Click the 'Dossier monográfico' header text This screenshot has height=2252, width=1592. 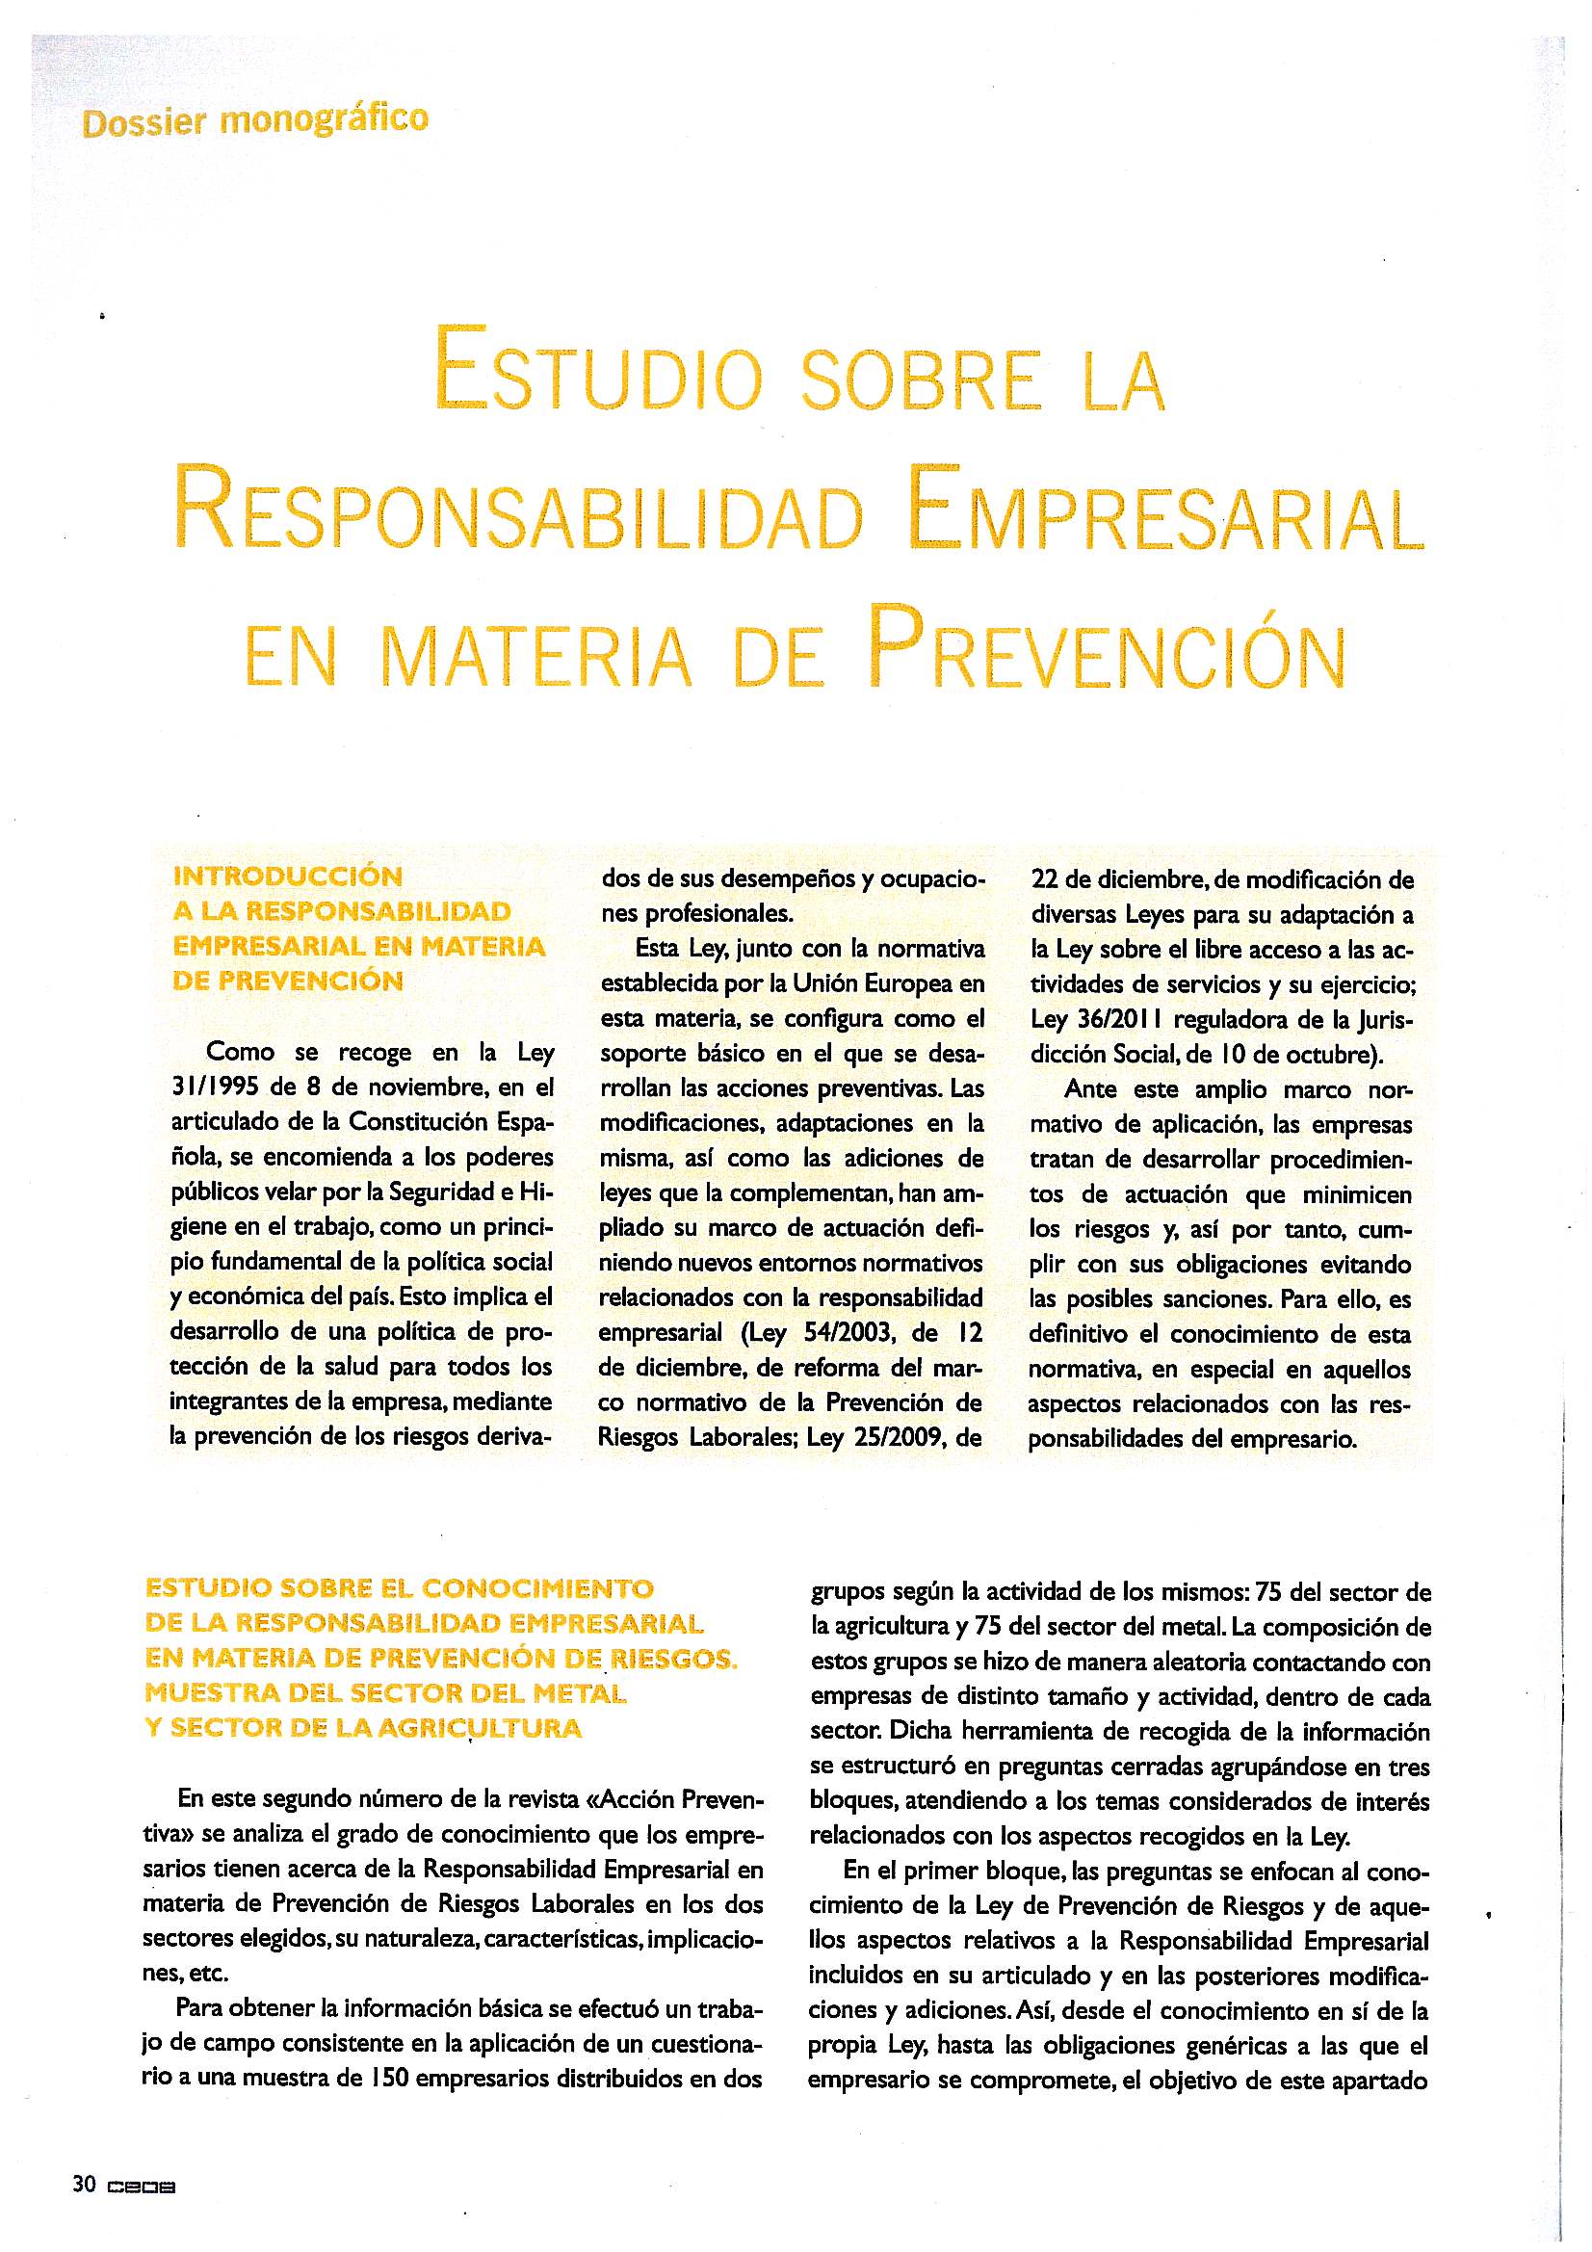click(x=256, y=122)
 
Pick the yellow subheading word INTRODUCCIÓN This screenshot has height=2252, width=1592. click(x=287, y=875)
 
